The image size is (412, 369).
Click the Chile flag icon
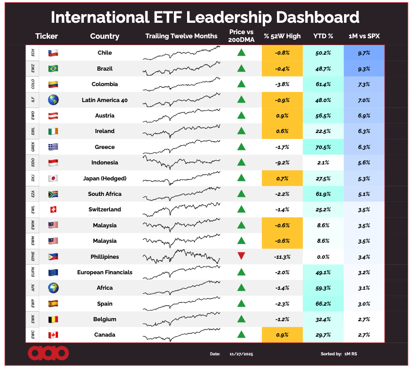(x=53, y=53)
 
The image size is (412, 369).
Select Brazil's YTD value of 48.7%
(x=323, y=69)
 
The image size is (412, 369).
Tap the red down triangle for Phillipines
(x=241, y=256)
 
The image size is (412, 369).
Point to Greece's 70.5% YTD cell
(x=323, y=147)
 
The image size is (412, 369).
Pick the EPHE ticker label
(x=32, y=256)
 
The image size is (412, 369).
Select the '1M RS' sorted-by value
(x=351, y=354)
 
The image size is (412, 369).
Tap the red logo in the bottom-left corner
(x=48, y=353)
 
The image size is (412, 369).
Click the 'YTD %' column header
(x=323, y=36)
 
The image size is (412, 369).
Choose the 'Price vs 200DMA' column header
(x=241, y=36)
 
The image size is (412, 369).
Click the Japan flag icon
(x=53, y=178)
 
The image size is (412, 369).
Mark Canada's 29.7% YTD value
(x=323, y=335)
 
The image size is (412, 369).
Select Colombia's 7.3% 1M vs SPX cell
(x=364, y=84)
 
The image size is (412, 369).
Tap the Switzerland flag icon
(x=53, y=210)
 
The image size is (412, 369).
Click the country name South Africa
(x=104, y=194)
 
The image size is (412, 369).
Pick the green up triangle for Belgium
(x=241, y=319)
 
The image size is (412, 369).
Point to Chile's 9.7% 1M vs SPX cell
(x=364, y=53)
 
